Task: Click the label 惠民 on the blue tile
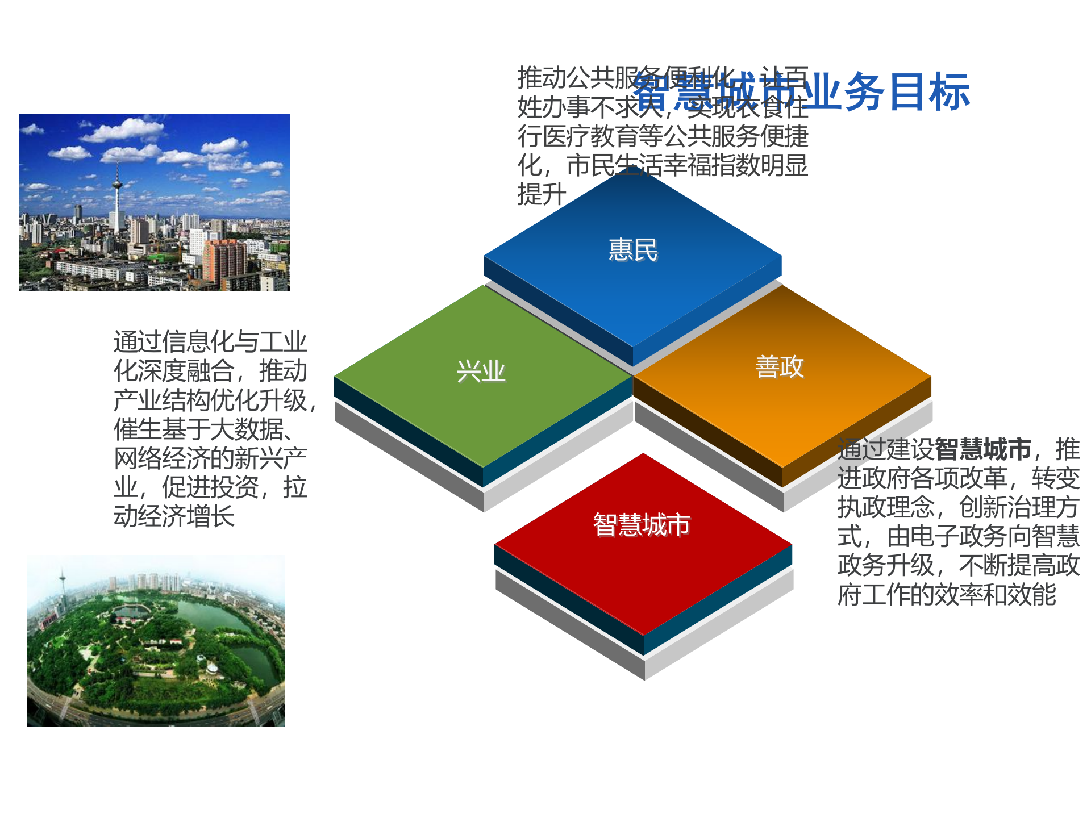click(x=632, y=250)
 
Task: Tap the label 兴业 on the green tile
click(x=481, y=372)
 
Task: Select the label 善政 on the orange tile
click(x=779, y=366)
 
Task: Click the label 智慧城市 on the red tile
click(x=641, y=524)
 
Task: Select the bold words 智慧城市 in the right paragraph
click(x=982, y=449)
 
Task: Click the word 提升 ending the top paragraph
click(x=542, y=195)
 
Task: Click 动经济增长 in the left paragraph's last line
click(x=174, y=516)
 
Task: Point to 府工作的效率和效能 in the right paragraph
click(x=946, y=595)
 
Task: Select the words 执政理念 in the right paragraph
click(x=886, y=507)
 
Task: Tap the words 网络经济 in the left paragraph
click(x=162, y=458)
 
